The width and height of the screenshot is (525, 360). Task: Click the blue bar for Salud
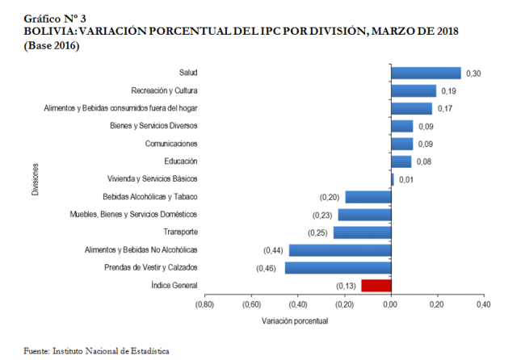tap(426, 73)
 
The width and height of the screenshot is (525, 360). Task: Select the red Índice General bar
tap(376, 285)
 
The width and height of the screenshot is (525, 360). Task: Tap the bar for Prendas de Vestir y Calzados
tap(338, 267)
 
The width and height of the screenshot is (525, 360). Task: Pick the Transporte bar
tap(363, 232)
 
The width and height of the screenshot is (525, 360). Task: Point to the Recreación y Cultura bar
tap(414, 91)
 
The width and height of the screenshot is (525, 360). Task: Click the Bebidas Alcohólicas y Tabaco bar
tap(368, 197)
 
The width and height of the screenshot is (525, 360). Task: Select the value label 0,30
tap(473, 73)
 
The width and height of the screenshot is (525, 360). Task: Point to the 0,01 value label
tap(406, 179)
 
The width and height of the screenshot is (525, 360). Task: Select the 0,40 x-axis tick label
tap(484, 305)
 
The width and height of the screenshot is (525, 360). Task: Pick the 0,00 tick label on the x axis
tap(391, 305)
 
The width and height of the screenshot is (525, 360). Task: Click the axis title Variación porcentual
tap(295, 320)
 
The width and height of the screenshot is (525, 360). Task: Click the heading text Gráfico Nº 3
tap(55, 17)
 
